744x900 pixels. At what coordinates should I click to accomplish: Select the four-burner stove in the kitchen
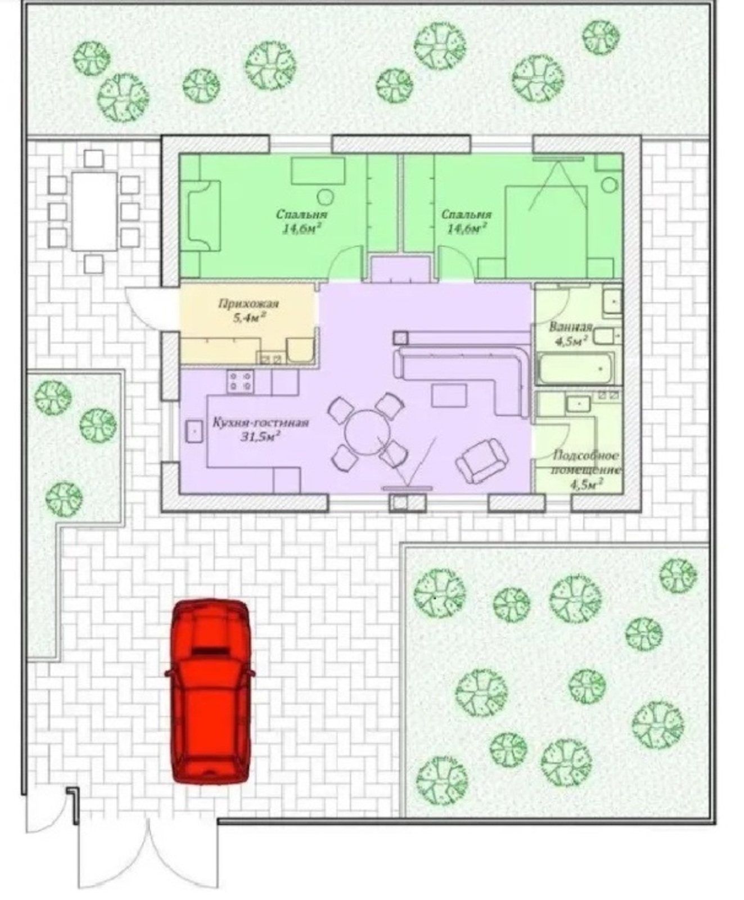[240, 381]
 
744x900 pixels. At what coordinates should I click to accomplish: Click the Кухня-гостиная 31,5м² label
[261, 429]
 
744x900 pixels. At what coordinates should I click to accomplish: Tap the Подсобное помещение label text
[587, 462]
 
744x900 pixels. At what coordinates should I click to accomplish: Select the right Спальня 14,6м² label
[466, 221]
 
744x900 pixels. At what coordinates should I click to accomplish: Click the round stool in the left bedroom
[325, 196]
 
